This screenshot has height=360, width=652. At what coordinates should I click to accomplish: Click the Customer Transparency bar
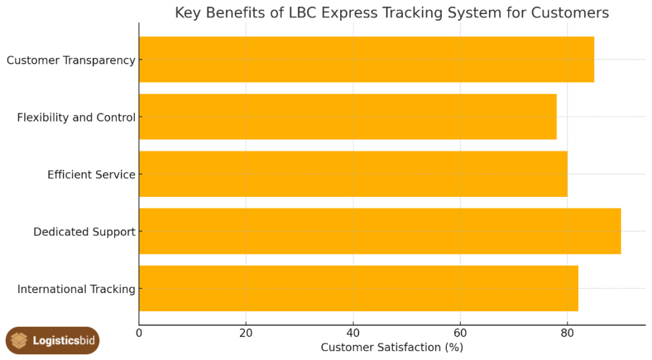[366, 59]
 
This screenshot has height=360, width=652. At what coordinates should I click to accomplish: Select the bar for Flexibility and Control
[348, 117]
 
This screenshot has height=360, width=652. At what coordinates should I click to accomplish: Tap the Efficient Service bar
[353, 174]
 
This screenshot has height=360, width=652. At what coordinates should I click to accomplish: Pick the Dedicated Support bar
[379, 231]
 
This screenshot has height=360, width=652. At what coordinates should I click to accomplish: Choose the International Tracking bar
[358, 289]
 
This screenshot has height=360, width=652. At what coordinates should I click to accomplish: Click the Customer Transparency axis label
[71, 60]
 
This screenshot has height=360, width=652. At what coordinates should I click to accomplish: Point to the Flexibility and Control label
[76, 117]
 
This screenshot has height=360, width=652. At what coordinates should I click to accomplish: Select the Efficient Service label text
[91, 175]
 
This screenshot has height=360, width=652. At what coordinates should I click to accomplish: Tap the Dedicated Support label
[84, 232]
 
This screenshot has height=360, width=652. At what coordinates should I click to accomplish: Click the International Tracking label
[76, 289]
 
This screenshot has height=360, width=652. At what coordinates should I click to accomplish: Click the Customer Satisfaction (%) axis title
[392, 347]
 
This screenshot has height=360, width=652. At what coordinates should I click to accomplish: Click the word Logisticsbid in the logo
[64, 341]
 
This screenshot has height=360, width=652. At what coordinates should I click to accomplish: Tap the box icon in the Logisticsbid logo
[20, 341]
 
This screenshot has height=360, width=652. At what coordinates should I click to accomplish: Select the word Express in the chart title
[347, 13]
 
